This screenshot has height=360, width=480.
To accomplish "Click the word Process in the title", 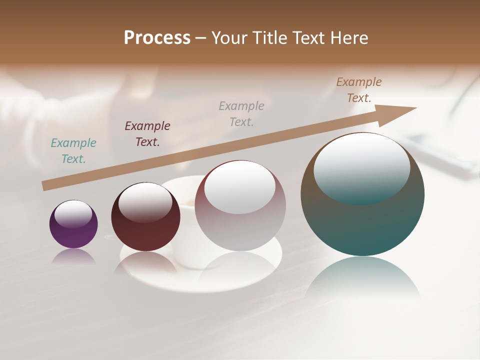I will click(x=157, y=38).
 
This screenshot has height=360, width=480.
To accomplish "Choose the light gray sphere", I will click(x=240, y=230).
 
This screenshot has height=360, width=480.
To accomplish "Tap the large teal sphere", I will click(x=362, y=225).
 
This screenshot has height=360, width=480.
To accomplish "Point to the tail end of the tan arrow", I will click(x=46, y=185).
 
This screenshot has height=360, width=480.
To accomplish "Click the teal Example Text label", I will click(x=73, y=151).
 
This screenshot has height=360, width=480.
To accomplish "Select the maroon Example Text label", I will click(x=147, y=134).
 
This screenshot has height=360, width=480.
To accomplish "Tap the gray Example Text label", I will click(x=241, y=114).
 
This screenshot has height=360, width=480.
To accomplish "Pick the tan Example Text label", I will click(x=359, y=90).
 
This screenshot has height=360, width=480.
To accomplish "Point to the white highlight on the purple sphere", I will click(x=73, y=213).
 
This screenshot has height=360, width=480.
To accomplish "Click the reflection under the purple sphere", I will click(x=73, y=256).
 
